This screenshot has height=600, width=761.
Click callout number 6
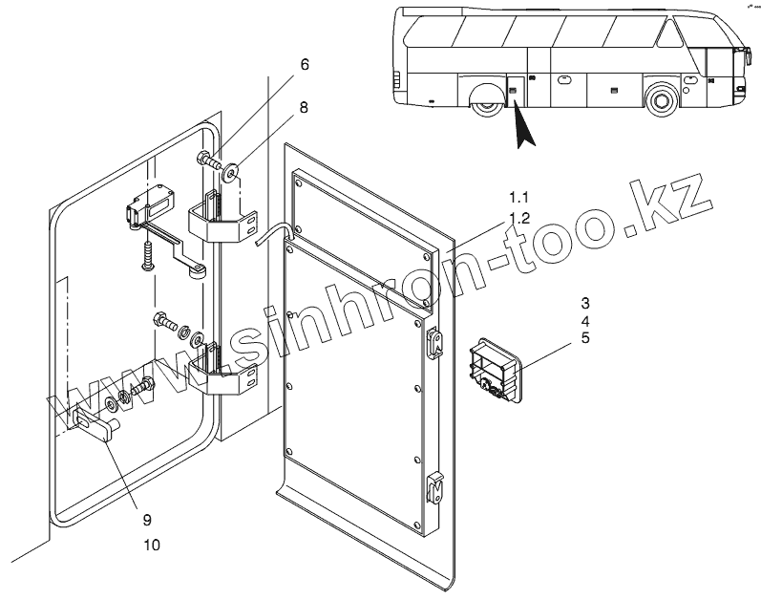click(x=305, y=65)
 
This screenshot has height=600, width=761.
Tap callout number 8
click(x=305, y=108)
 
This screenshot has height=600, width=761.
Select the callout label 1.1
click(x=518, y=197)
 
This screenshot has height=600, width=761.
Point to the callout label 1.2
click(x=518, y=219)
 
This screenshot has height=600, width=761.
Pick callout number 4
click(x=584, y=320)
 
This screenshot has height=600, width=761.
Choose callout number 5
click(x=584, y=338)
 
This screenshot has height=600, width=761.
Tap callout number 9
click(x=147, y=521)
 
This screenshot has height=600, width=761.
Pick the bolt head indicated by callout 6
click(x=204, y=159)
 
